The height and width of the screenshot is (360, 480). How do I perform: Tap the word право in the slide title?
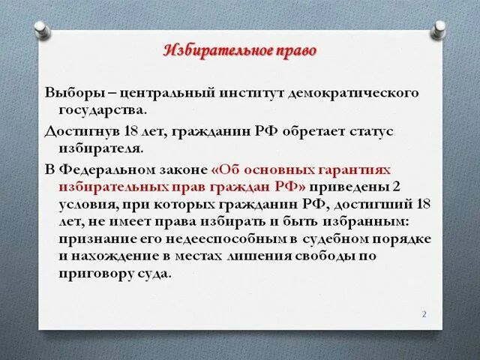point(295,52)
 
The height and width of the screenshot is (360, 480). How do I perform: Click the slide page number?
point(424,313)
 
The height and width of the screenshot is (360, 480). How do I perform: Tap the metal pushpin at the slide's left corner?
point(41,30)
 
